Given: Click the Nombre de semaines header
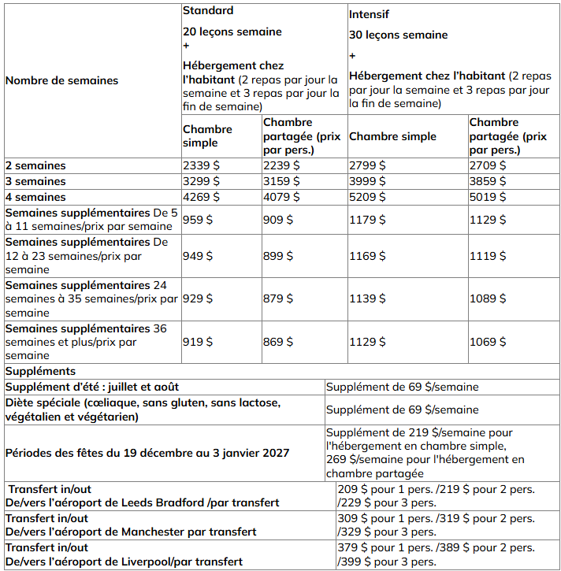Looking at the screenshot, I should point(61,80).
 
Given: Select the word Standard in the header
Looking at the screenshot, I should point(208,11).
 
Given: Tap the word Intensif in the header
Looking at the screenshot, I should point(370,14).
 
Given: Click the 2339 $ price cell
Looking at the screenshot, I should point(201,165).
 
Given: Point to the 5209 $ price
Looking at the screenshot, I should point(367,197).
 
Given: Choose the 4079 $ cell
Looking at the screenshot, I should point(281,197).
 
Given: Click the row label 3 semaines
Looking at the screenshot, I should point(35,181).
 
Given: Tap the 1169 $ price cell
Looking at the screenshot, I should point(367,256).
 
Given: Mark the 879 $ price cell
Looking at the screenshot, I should point(278,299).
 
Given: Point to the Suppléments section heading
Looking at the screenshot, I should point(40,370).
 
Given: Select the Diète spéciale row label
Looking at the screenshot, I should point(142,410).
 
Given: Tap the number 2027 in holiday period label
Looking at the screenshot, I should point(274,453).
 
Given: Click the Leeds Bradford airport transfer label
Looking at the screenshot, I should point(142,502).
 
